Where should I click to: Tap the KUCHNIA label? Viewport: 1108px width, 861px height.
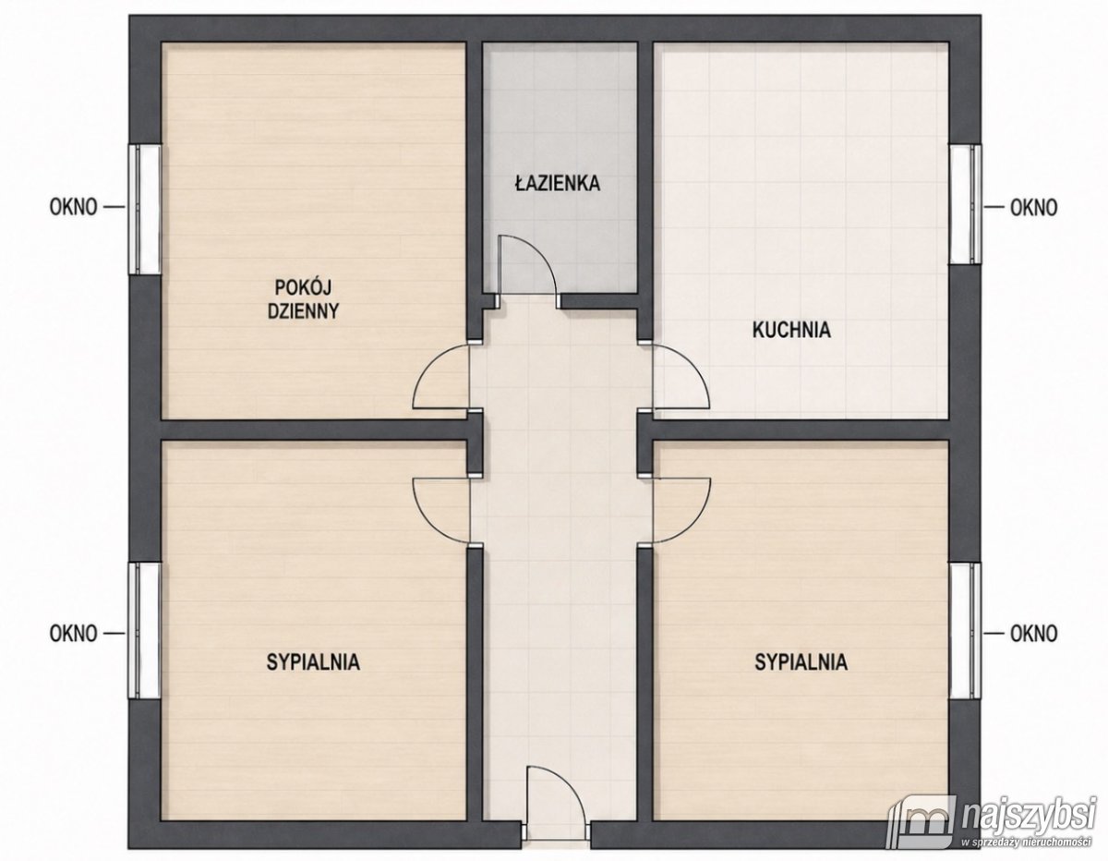(x=791, y=330)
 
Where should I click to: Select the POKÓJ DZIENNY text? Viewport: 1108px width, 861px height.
(x=303, y=299)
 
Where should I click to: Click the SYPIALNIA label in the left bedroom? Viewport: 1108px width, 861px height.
(x=313, y=662)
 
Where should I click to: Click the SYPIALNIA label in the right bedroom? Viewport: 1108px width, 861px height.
(x=801, y=662)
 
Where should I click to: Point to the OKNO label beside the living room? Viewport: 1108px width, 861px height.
(x=74, y=208)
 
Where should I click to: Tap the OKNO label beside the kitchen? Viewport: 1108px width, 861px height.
(x=1034, y=208)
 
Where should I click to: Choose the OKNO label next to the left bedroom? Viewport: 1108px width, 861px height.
(x=74, y=634)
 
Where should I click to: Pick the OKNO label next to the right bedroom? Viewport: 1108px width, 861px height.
(x=1034, y=634)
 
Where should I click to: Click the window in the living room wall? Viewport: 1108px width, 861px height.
(x=144, y=209)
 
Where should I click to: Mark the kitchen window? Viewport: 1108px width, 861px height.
(x=965, y=204)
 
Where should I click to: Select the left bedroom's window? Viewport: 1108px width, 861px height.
(x=144, y=630)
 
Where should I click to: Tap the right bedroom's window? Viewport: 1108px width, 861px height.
(x=965, y=630)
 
